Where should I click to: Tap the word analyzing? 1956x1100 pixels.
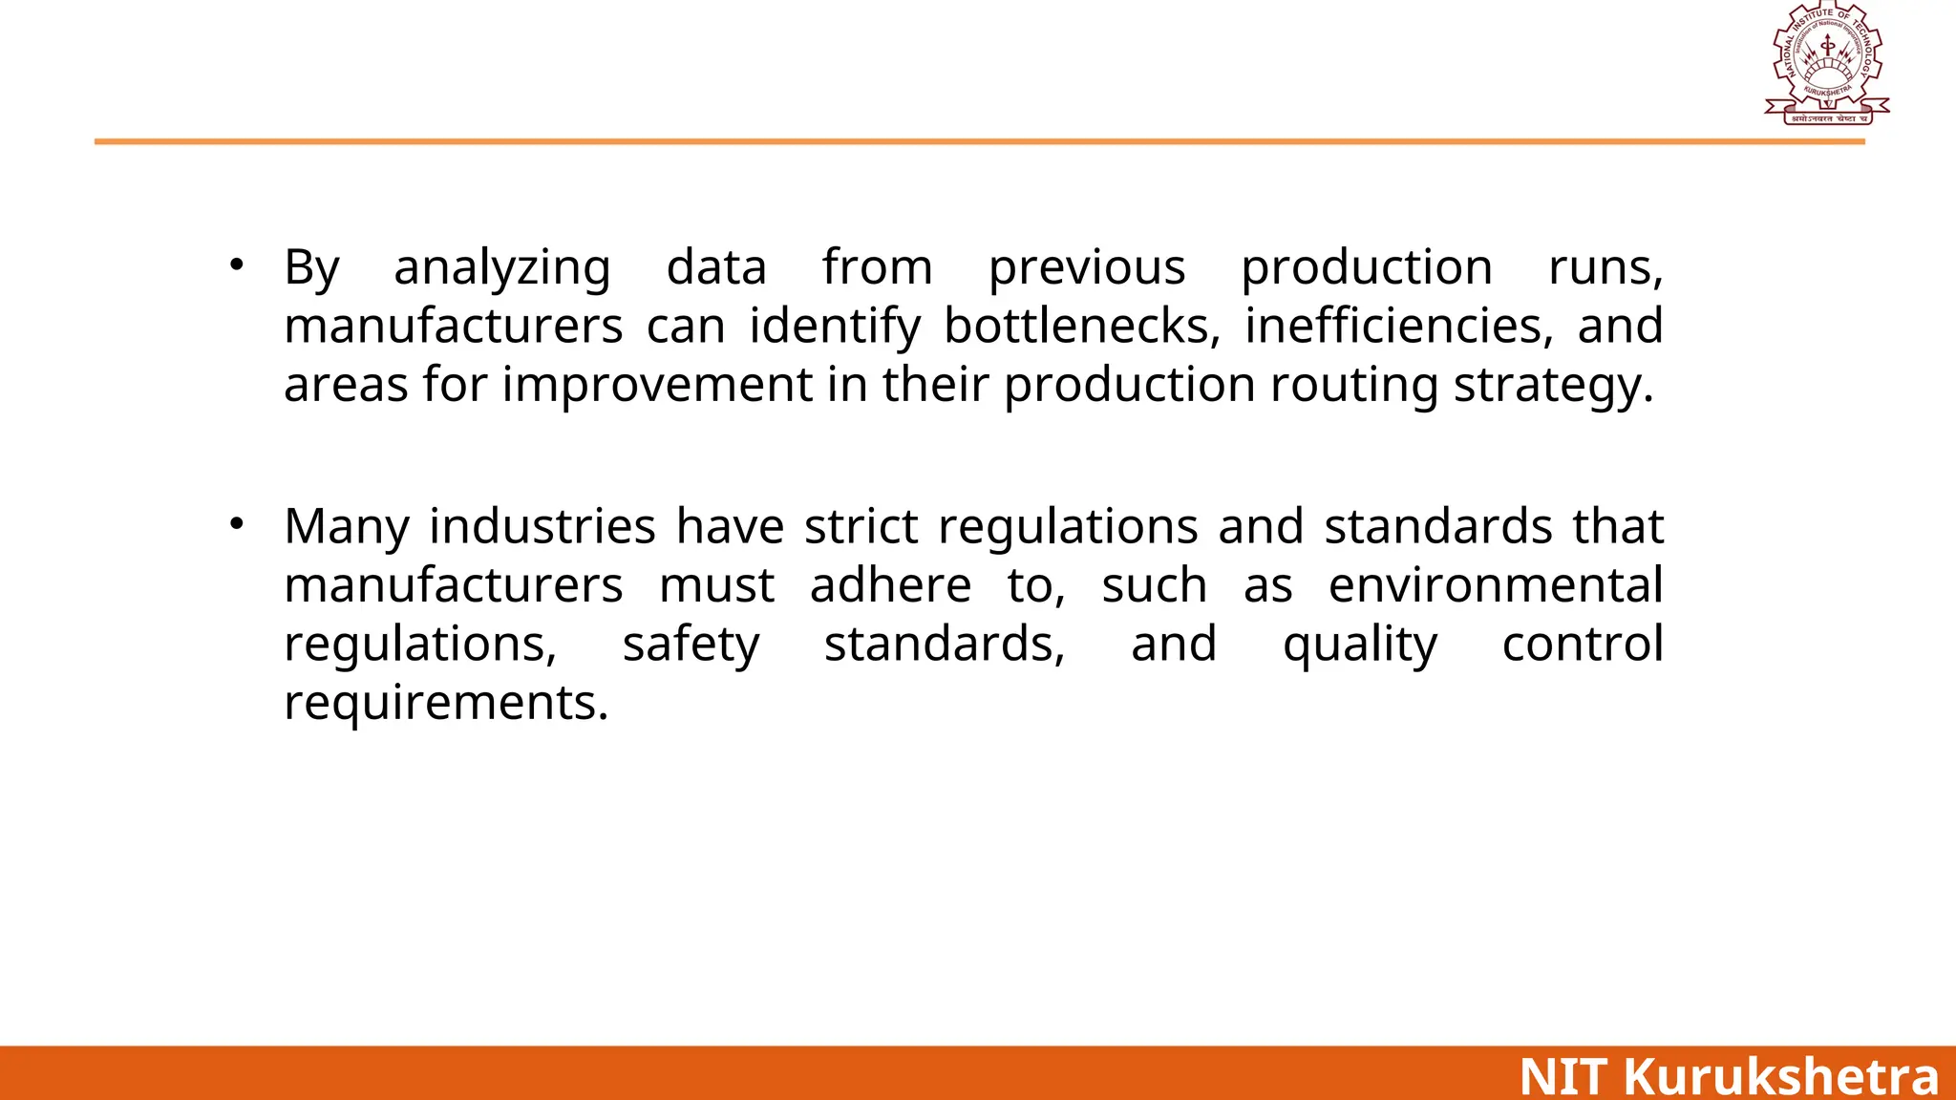(x=502, y=268)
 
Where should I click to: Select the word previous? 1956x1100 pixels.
(x=1087, y=268)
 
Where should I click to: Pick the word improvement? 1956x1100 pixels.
(x=658, y=386)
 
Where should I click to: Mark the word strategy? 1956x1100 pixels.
(x=1553, y=386)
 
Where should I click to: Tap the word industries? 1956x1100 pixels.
(x=542, y=527)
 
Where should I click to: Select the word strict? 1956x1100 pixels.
(x=861, y=527)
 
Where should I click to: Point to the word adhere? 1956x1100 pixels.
(x=890, y=585)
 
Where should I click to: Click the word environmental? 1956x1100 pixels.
(x=1496, y=585)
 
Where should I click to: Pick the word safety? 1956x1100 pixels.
(x=691, y=645)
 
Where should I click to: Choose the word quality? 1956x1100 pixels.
(x=1359, y=645)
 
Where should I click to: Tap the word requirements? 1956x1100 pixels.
(x=446, y=704)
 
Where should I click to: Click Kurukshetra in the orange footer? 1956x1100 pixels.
(x=1781, y=1076)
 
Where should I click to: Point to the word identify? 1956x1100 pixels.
(x=835, y=327)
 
